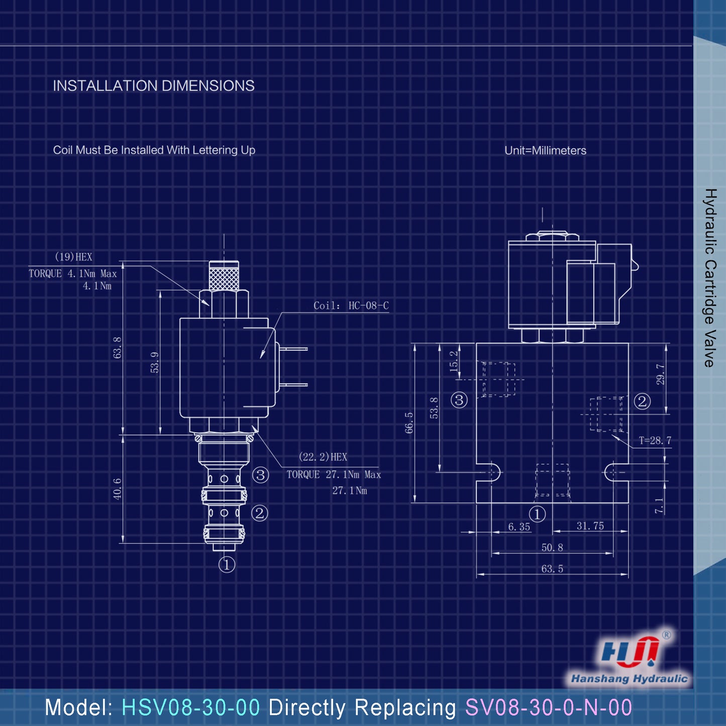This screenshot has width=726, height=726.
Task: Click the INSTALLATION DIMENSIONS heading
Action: coord(154,86)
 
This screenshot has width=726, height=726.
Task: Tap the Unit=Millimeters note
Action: coord(545,150)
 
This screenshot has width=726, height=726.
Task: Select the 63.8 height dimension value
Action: coord(118,347)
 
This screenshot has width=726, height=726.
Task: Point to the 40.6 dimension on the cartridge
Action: coord(118,488)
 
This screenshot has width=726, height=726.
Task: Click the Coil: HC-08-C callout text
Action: coord(351,305)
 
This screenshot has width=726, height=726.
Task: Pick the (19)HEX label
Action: coord(73,257)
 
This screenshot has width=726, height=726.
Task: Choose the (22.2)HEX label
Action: coord(323,457)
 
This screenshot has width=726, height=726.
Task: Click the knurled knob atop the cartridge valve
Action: coord(224,276)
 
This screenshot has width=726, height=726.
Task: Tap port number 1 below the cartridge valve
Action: coord(227,565)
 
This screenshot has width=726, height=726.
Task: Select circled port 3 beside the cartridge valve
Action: coord(260,475)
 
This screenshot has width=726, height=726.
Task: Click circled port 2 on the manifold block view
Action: coord(642,401)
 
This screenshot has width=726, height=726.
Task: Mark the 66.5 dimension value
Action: coord(409,423)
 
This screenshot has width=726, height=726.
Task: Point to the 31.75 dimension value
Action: coord(590,526)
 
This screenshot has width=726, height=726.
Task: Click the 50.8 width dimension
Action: coord(552,548)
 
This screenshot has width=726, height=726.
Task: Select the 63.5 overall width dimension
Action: coord(552,569)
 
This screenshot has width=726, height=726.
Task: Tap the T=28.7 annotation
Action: coord(655,441)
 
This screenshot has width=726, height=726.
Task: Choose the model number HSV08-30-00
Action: coord(191,707)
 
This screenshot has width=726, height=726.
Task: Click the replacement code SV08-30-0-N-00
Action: coord(548,707)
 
